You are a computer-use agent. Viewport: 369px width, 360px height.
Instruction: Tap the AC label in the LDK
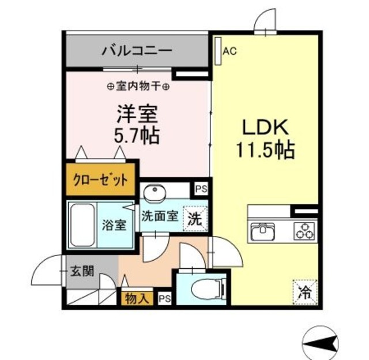pyautogui.click(x=229, y=51)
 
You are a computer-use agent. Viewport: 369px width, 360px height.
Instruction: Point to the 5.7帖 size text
pyautogui.click(x=137, y=136)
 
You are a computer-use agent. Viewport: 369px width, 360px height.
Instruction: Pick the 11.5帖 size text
pyautogui.click(x=265, y=151)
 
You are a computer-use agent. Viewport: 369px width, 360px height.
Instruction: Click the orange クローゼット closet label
pyautogui.click(x=100, y=181)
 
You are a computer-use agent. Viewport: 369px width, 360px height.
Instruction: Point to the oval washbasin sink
pyautogui.click(x=155, y=192)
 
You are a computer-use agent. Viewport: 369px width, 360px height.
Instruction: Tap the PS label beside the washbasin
pyautogui.click(x=200, y=188)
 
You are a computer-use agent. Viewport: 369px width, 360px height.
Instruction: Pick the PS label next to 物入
pyautogui.click(x=164, y=298)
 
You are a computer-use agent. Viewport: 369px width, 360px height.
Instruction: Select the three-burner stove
pyautogui.click(x=303, y=232)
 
